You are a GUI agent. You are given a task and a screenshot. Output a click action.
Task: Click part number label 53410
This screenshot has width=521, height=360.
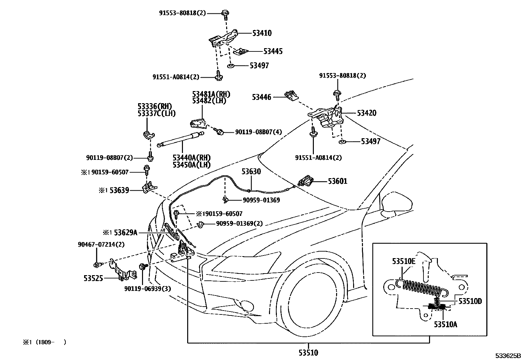[262, 33]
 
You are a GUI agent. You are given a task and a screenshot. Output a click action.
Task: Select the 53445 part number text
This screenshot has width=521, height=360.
[273, 51]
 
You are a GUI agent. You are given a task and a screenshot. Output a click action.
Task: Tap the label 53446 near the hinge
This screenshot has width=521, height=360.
[261, 97]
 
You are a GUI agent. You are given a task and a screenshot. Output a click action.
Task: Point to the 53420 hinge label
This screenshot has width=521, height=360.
[367, 113]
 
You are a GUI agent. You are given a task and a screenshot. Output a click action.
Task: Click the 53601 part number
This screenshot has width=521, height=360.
[338, 181]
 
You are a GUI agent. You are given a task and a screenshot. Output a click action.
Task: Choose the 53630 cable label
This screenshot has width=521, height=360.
[251, 171]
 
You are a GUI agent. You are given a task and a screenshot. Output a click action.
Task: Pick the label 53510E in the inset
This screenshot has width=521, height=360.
[404, 261]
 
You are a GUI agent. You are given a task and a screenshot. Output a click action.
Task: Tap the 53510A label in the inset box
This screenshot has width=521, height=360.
[445, 324]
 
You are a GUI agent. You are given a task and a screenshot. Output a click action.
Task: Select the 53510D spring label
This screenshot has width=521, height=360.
[470, 301]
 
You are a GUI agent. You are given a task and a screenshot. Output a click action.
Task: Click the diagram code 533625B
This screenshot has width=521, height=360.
[507, 356]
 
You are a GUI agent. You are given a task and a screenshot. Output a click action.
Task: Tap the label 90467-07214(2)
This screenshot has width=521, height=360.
[101, 244]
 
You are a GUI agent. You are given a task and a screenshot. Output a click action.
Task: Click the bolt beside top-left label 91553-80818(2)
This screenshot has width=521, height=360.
[225, 13]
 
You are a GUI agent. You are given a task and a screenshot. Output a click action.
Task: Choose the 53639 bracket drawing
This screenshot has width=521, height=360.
[149, 188]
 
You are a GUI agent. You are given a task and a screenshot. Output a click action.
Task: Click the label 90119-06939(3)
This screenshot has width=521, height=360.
[148, 289]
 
